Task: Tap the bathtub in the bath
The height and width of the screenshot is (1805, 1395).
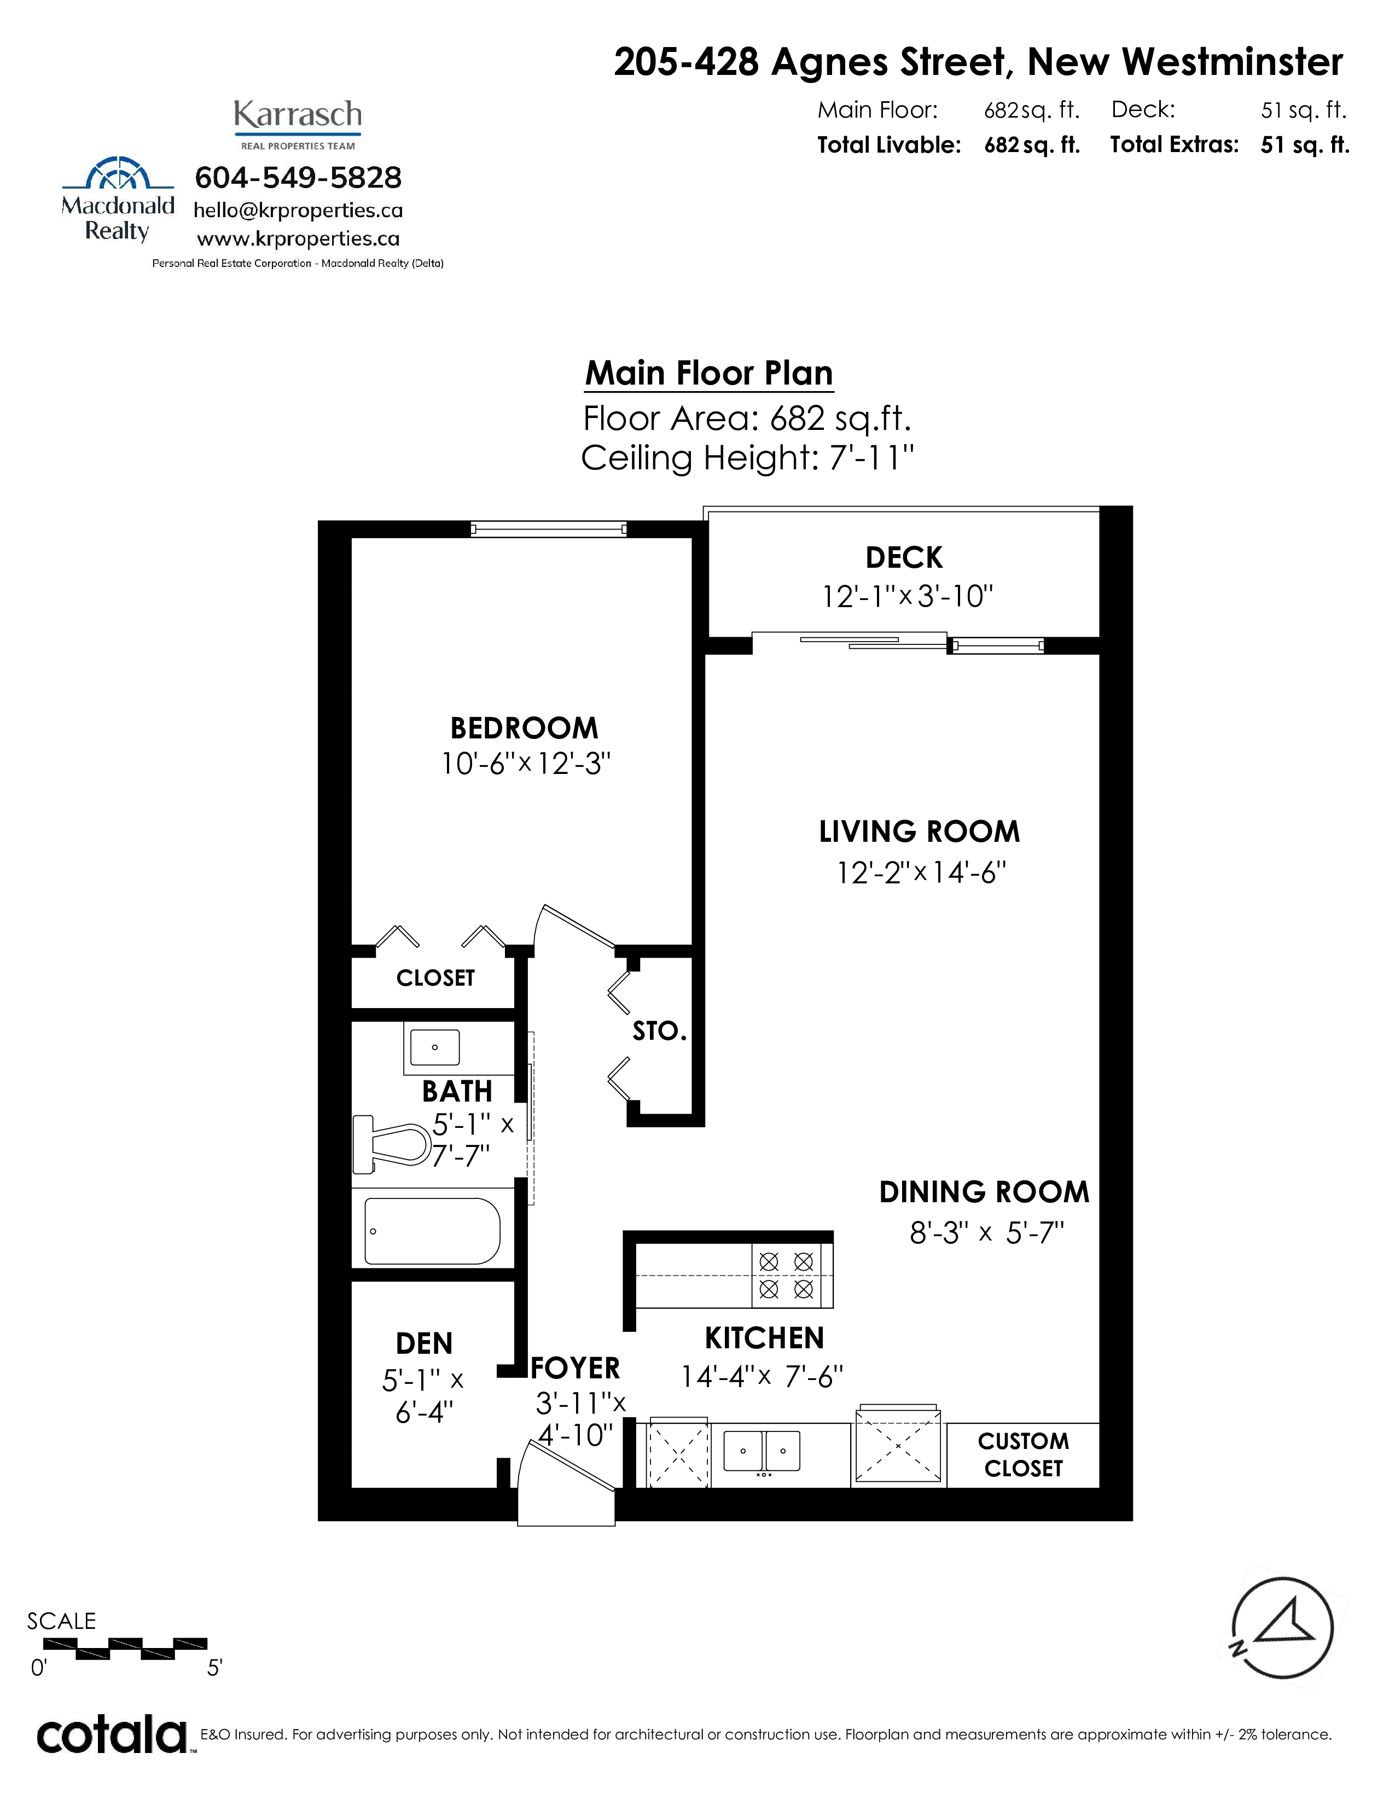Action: click(432, 1231)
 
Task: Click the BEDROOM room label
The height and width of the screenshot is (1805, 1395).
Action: click(524, 727)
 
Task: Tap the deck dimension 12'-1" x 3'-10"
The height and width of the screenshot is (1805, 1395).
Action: click(906, 595)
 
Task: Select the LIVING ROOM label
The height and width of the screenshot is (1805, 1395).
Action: click(919, 831)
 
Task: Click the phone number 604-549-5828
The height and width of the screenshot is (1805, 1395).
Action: click(298, 177)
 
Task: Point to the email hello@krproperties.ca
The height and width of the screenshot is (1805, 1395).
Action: click(298, 211)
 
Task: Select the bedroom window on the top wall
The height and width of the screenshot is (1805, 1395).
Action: click(548, 529)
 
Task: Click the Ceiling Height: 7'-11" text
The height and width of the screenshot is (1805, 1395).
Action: click(747, 457)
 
